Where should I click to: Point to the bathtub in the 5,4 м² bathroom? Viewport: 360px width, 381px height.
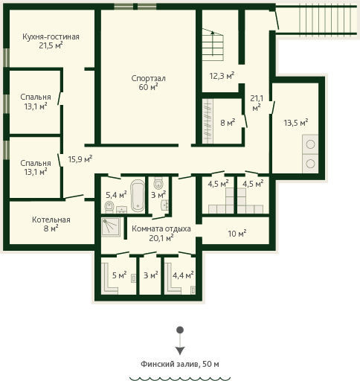[x=138, y=196]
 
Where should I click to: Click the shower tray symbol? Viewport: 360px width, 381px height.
[x=111, y=227]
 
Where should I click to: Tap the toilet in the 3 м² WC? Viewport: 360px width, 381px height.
[x=158, y=184]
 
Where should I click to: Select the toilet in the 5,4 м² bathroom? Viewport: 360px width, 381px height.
[x=109, y=207]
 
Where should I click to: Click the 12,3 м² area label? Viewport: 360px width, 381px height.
[x=222, y=76]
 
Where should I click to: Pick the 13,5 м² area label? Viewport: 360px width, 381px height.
[x=296, y=123]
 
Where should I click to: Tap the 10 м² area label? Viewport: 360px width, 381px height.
[x=237, y=234]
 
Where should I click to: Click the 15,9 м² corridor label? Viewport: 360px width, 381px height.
[x=80, y=159]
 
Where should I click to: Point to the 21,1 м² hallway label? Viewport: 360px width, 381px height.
[x=257, y=103]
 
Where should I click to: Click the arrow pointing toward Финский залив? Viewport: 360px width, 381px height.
[x=180, y=341]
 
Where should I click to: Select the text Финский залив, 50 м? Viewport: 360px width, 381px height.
[x=180, y=364]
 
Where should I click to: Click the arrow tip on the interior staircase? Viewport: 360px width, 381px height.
[x=213, y=31]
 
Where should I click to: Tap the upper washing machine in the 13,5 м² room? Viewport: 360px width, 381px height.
[x=310, y=144]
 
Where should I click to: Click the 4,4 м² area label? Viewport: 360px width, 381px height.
[x=183, y=275]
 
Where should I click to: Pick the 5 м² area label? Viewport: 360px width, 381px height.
[x=119, y=275]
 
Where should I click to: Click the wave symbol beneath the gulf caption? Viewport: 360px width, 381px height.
[x=180, y=379]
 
